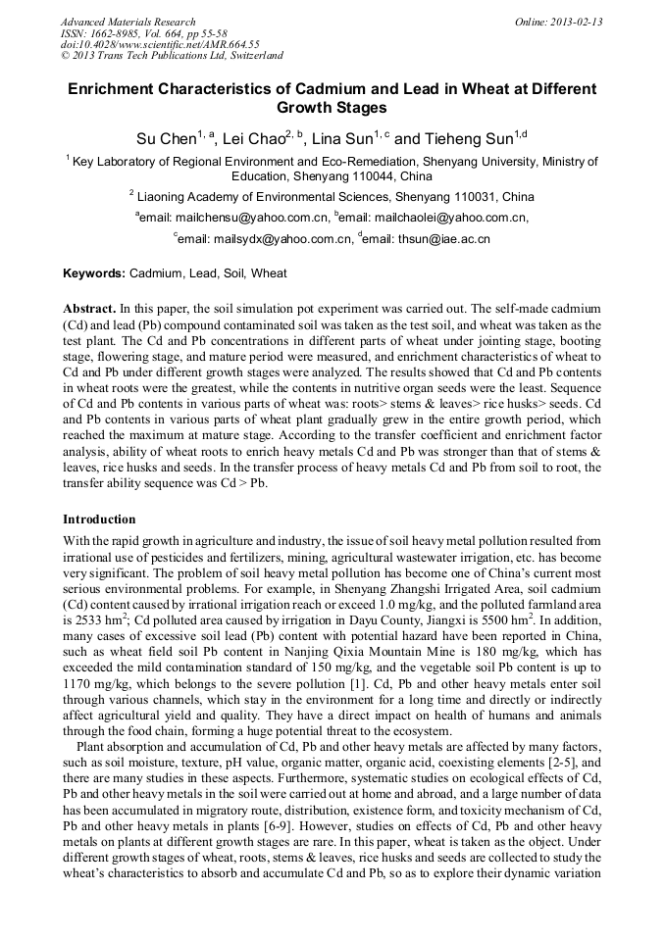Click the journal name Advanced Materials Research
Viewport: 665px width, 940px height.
128,22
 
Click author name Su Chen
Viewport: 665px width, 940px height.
166,139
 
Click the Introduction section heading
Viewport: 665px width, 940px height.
99,519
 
